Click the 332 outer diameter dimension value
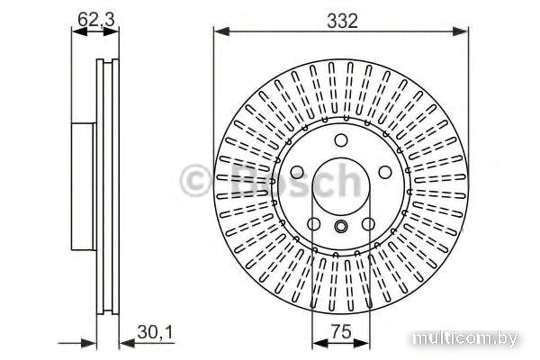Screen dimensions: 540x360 click(x=342, y=21)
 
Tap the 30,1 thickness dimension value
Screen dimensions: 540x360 click(x=155, y=332)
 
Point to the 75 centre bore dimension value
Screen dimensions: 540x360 click(x=342, y=331)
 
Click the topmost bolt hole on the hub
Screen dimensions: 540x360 click(x=341, y=140)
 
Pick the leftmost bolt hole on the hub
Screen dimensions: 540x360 click(x=297, y=172)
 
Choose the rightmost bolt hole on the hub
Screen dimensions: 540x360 click(x=385, y=172)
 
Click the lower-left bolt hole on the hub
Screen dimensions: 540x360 click(x=314, y=224)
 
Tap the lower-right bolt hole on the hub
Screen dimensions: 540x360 click(x=368, y=224)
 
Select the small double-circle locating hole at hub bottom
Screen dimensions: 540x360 click(x=341, y=226)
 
